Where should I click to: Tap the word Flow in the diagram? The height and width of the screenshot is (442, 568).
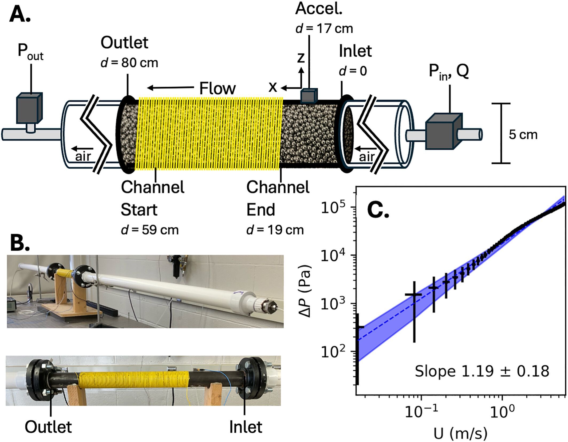(x=218, y=88)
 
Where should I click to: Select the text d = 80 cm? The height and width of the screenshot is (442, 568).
(x=129, y=63)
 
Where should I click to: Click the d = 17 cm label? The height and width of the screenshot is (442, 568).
(x=324, y=28)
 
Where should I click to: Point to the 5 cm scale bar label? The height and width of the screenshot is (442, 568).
(x=523, y=134)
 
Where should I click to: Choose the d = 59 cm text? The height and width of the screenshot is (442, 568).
(x=150, y=230)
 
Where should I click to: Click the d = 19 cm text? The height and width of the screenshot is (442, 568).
(x=275, y=230)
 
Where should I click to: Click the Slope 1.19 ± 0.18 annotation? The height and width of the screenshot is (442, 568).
(x=482, y=371)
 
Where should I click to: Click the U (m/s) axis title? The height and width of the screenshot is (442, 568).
(x=460, y=433)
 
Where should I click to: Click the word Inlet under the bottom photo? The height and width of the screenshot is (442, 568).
(x=246, y=427)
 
